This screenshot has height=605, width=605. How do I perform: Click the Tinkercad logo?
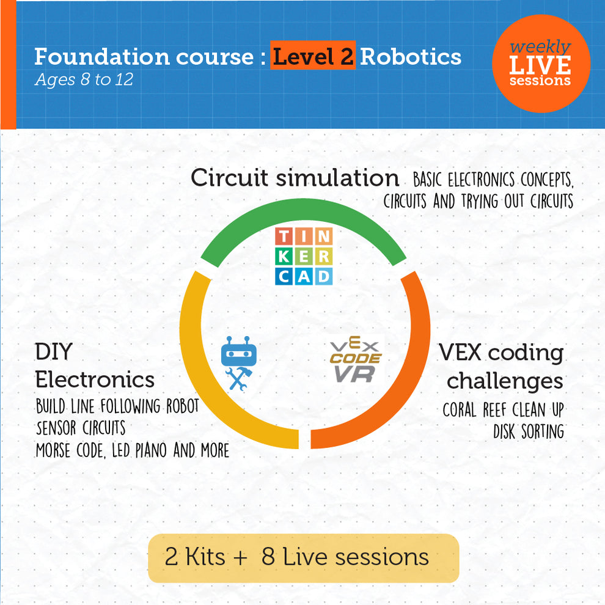click(303, 256)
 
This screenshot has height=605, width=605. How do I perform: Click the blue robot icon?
click(238, 362)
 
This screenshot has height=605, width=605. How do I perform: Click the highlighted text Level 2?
click(313, 57)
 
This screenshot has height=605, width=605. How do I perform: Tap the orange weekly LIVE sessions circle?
click(541, 64)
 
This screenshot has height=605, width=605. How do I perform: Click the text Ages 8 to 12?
click(84, 80)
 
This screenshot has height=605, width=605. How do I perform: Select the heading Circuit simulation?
click(295, 178)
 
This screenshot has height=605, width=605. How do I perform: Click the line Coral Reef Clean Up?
click(503, 409)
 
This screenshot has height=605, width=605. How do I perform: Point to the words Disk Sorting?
click(529, 431)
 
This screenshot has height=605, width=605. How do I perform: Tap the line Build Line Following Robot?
click(117, 406)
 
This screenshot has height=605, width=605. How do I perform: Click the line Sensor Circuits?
click(81, 427)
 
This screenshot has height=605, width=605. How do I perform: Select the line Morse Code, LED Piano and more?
click(132, 450)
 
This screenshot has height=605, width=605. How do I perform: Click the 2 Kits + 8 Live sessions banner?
click(303, 557)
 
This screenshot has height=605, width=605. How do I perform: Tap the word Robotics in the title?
click(410, 57)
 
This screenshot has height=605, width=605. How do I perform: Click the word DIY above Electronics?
click(53, 352)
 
